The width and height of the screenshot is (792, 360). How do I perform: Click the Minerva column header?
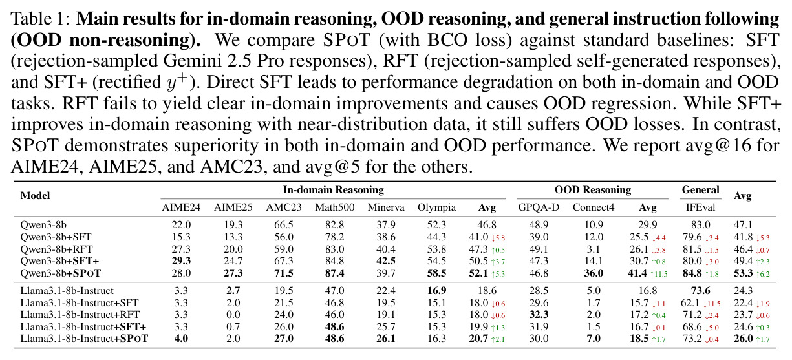(x=386, y=207)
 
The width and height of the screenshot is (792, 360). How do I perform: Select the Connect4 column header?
(x=594, y=207)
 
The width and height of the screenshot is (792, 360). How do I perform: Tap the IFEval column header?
(x=700, y=207)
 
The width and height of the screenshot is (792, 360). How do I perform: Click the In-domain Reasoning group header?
(x=333, y=190)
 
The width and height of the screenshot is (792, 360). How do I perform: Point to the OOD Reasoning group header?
(x=593, y=190)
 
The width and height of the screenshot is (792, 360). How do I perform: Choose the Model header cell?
(x=35, y=196)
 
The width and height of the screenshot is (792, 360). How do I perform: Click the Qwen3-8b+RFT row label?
(x=57, y=249)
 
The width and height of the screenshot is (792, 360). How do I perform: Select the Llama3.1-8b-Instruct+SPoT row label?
(x=84, y=339)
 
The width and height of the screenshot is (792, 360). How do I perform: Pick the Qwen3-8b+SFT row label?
(x=56, y=237)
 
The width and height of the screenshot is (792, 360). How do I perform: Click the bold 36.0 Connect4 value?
(x=594, y=273)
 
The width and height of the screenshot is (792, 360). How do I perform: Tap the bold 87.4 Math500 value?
(x=334, y=273)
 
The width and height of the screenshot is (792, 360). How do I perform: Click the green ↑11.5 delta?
(x=659, y=274)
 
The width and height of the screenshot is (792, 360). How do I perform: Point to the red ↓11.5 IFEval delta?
(x=711, y=304)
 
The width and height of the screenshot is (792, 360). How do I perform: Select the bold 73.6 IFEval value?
(x=700, y=291)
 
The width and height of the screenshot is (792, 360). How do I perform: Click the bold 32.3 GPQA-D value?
(x=539, y=315)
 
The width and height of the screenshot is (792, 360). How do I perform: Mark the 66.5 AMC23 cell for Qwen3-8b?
(x=284, y=225)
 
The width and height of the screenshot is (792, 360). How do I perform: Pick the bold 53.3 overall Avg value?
(x=744, y=273)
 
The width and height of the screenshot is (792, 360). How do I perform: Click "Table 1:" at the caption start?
(x=40, y=19)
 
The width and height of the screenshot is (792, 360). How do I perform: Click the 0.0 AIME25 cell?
(x=233, y=315)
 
